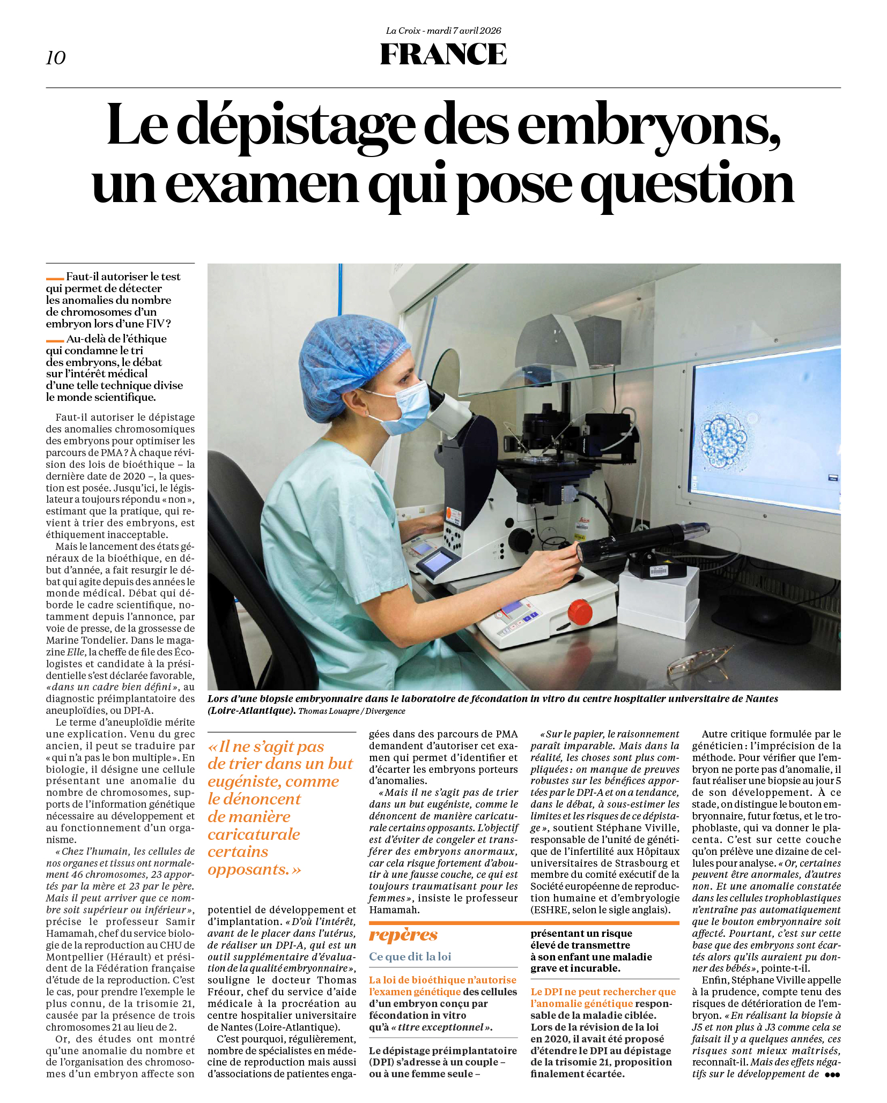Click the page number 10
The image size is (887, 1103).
[x=56, y=57]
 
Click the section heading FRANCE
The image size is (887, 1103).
[x=443, y=54]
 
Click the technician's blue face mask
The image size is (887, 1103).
[x=408, y=407]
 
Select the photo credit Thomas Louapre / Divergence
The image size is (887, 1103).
[x=351, y=711]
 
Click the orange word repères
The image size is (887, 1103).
[x=403, y=935]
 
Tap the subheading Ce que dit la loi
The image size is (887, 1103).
[x=410, y=957]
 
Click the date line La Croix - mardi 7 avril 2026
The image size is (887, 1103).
[x=443, y=31]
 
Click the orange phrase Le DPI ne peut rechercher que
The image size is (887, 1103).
[x=603, y=992]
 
